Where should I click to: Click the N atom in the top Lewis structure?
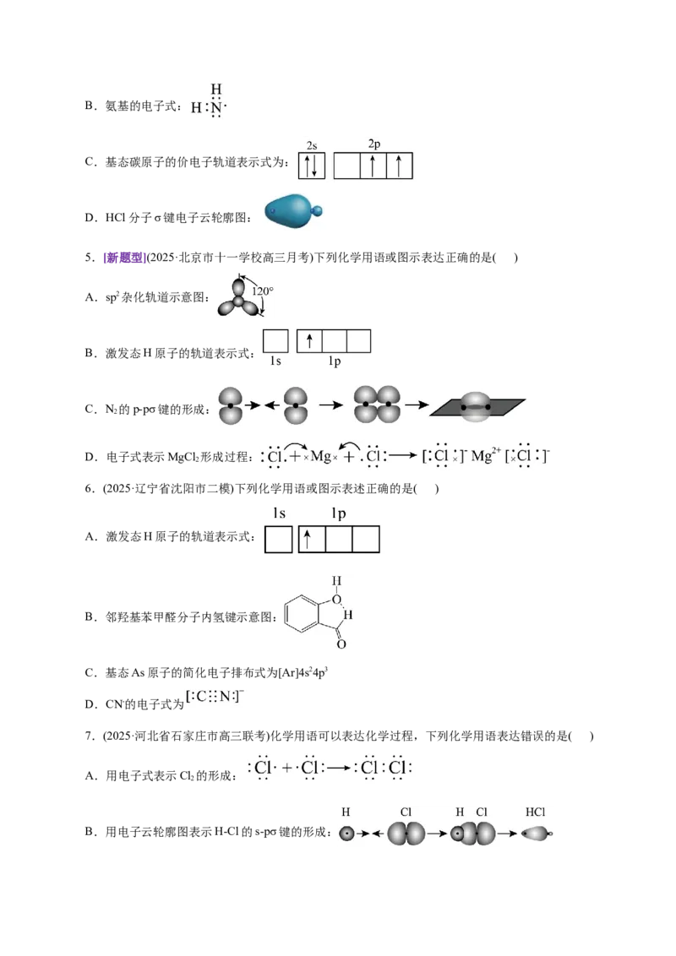tap(216, 107)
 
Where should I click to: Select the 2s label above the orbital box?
tap(312, 145)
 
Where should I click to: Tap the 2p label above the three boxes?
tap(374, 144)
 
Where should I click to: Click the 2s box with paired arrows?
tap(310, 166)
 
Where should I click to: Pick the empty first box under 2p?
tap(347, 166)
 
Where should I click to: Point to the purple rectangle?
tap(124, 258)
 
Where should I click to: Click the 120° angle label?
tap(263, 291)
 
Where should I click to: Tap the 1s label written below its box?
tap(275, 361)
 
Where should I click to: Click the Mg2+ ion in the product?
tap(482, 456)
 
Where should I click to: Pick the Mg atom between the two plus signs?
tap(320, 457)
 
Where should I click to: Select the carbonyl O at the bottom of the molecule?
tap(341, 644)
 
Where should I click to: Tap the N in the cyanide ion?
tap(225, 697)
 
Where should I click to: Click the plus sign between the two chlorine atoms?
tap(287, 769)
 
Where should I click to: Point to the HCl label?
tap(535, 812)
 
